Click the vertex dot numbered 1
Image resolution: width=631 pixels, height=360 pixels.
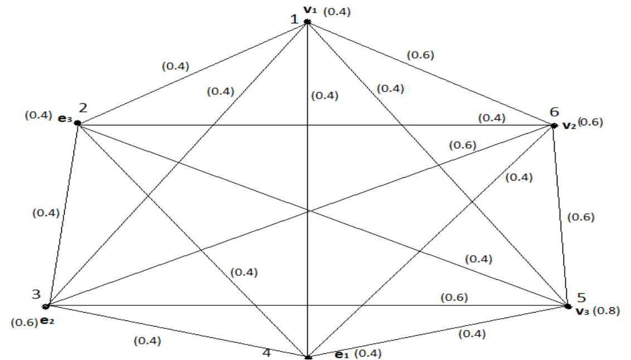click(x=307, y=22)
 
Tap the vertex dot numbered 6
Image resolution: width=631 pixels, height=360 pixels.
click(x=554, y=125)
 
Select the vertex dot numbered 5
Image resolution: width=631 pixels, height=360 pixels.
click(x=567, y=306)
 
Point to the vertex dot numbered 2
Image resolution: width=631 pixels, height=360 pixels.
click(x=77, y=123)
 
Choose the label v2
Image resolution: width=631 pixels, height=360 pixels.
click(x=569, y=125)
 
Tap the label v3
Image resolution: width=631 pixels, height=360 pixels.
click(x=583, y=310)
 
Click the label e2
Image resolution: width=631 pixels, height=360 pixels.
click(x=47, y=322)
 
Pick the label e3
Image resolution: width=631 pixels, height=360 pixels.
click(x=65, y=119)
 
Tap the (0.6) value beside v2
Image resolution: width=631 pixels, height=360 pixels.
click(x=590, y=123)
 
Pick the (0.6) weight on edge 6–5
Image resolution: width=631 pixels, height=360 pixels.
click(x=581, y=217)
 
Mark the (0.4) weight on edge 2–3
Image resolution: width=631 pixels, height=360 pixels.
click(x=46, y=212)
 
